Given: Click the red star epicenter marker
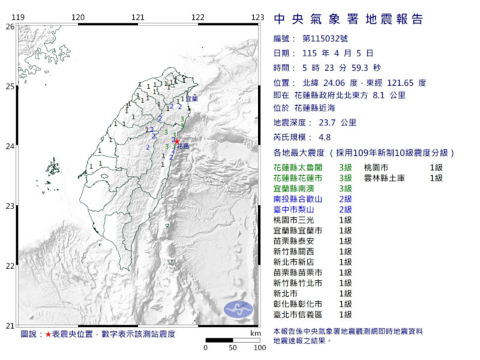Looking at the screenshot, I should pyautogui.click(x=176, y=141).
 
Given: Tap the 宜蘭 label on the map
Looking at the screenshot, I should pyautogui.click(x=191, y=97).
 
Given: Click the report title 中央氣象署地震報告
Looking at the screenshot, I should pyautogui.click(x=348, y=19).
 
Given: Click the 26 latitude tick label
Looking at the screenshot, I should pyautogui.click(x=10, y=26).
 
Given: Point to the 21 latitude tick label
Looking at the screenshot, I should pyautogui.click(x=10, y=326).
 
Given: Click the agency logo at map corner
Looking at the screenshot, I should pyautogui.click(x=239, y=310).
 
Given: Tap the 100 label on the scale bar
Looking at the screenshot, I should pyautogui.click(x=260, y=347).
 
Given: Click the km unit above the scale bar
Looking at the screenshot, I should pyautogui.click(x=256, y=333).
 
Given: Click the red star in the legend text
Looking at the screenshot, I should pyautogui.click(x=48, y=333).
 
